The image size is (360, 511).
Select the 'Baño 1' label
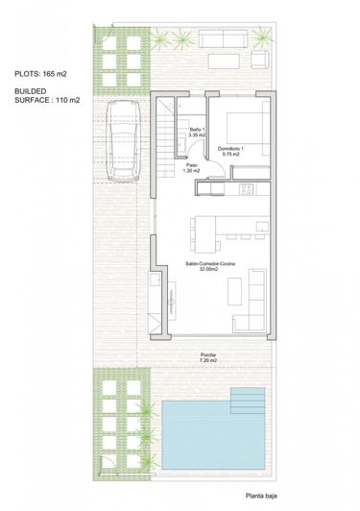pos(196,130)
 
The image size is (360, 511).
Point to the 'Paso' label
pos(191,164)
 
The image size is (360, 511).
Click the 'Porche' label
pos(209,354)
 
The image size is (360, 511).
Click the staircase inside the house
pos(169,128)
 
